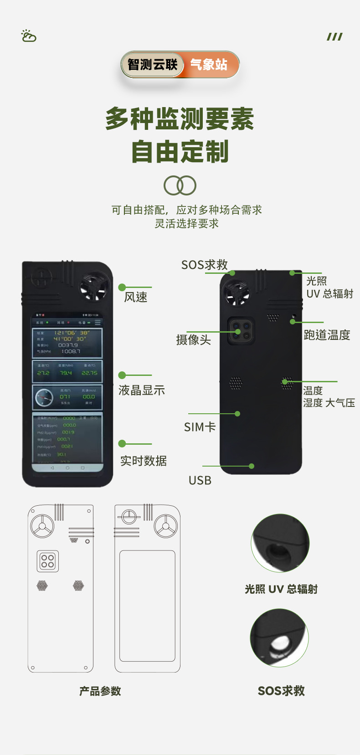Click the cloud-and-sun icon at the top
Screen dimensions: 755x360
pyautogui.click(x=29, y=36)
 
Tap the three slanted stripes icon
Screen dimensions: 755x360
pyautogui.click(x=334, y=36)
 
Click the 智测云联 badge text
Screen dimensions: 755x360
pyautogui.click(x=152, y=65)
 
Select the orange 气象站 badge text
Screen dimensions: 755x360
pyautogui.click(x=209, y=65)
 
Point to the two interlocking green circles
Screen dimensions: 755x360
pyautogui.click(x=180, y=185)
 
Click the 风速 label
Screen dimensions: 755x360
pyautogui.click(x=136, y=297)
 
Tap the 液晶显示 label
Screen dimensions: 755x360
pyautogui.click(x=142, y=390)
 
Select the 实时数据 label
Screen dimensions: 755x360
pyautogui.click(x=144, y=461)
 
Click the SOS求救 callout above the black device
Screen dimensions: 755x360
pyautogui.click(x=205, y=265)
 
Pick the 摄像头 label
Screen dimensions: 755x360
pyautogui.click(x=194, y=339)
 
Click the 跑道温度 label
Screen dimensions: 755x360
pyautogui.click(x=327, y=335)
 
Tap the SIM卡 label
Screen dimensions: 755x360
pyautogui.click(x=200, y=427)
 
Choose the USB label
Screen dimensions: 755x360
pyautogui.click(x=200, y=480)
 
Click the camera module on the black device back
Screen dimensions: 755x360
pyautogui.click(x=241, y=331)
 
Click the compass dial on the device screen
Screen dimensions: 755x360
pyautogui.click(x=44, y=398)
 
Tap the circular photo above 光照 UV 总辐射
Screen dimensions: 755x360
pyautogui.click(x=280, y=543)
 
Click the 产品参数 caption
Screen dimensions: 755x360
pyautogui.click(x=100, y=691)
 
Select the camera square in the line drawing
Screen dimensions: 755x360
pyautogui.click(x=48, y=561)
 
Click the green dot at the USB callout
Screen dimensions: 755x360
pyautogui.click(x=252, y=466)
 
